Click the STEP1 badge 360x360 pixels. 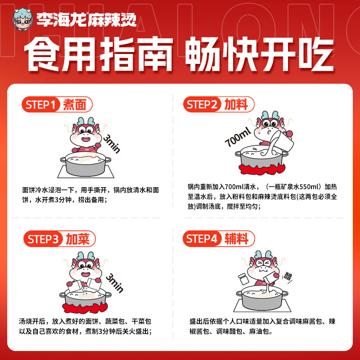pyautogui.click(x=41, y=105)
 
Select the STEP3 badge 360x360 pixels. pyautogui.click(x=43, y=239)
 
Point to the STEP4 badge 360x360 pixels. pyautogui.click(x=202, y=239)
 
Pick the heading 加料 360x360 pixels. pyautogui.click(x=236, y=105)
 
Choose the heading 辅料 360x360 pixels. pyautogui.click(x=236, y=239)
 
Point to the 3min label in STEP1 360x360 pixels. pyautogui.click(x=112, y=144)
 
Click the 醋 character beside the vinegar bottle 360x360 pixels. pyautogui.click(x=287, y=276)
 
